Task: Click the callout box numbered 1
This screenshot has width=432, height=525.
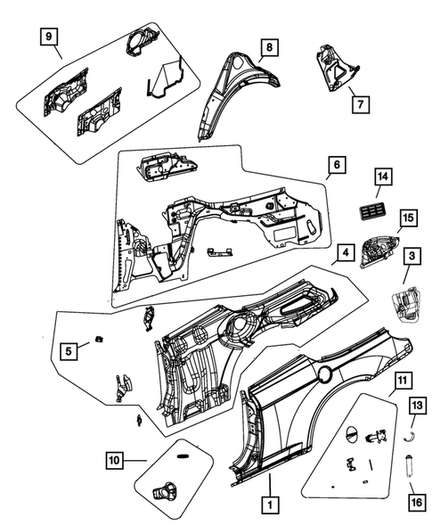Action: pos(266,504)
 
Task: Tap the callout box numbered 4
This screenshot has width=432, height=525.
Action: pos(344,254)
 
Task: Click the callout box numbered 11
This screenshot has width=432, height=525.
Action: pos(402,382)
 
